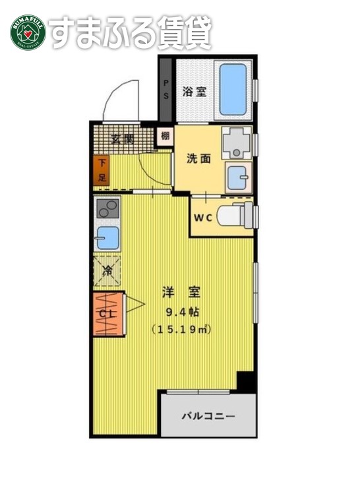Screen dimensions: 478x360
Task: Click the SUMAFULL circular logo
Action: pyautogui.click(x=27, y=31)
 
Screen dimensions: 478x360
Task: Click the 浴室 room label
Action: pyautogui.click(x=195, y=92)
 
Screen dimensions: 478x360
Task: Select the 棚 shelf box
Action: pyautogui.click(x=165, y=136)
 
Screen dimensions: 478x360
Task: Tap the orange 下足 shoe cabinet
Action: pyautogui.click(x=102, y=170)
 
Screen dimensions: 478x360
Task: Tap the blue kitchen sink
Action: pyautogui.click(x=107, y=237)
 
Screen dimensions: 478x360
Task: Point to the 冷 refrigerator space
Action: pyautogui.click(x=107, y=269)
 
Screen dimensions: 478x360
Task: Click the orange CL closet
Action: pyautogui.click(x=106, y=313)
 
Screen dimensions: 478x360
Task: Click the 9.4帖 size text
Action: pyautogui.click(x=181, y=312)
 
